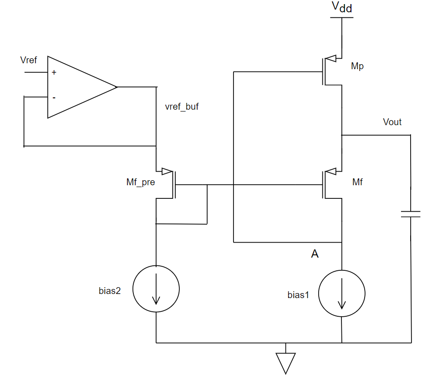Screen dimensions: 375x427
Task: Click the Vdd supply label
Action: [341, 7]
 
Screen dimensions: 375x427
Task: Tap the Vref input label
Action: [29, 60]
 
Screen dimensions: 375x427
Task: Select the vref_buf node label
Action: [182, 107]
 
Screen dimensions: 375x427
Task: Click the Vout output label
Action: [392, 122]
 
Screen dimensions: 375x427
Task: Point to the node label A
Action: [315, 254]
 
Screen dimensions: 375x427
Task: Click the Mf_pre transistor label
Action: [140, 182]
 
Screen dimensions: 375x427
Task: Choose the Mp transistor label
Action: [357, 66]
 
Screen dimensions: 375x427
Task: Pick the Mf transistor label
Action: [357, 182]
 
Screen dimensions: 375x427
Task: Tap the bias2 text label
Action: [110, 291]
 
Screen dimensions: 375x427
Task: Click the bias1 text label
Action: [298, 294]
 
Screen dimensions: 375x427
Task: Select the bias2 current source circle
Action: [156, 289]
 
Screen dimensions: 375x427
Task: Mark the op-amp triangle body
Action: [77, 87]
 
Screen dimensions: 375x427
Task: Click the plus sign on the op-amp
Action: [54, 72]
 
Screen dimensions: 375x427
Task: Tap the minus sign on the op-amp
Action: [54, 97]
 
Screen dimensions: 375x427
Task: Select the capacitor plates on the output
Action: [411, 214]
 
